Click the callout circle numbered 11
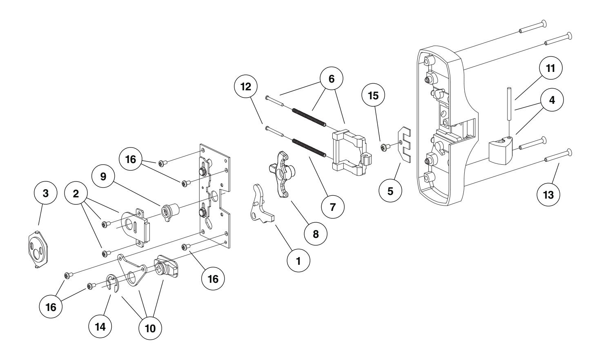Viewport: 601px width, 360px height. pos(550,68)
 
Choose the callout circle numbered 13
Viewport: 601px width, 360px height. pos(548,195)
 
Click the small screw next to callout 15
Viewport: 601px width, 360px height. pos(384,146)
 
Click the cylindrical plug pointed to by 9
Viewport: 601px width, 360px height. pos(170,212)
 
